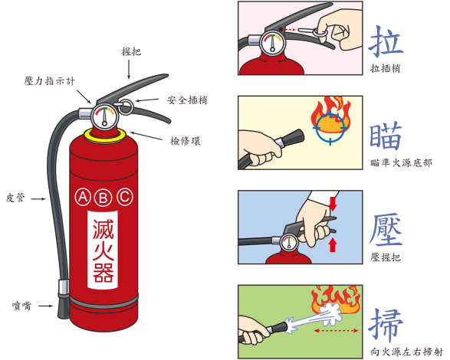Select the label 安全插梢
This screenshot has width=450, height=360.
pos(188,100)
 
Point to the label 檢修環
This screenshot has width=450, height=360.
pos(186,140)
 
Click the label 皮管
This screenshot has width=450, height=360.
pos(15,197)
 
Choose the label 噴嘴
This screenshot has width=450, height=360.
pos(21,304)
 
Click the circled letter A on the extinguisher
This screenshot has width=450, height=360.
pos(83,198)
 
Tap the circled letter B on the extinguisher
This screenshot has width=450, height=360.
pos(103,198)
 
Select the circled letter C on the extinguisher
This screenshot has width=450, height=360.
pos(123,198)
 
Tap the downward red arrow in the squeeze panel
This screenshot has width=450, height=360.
pos(333,203)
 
